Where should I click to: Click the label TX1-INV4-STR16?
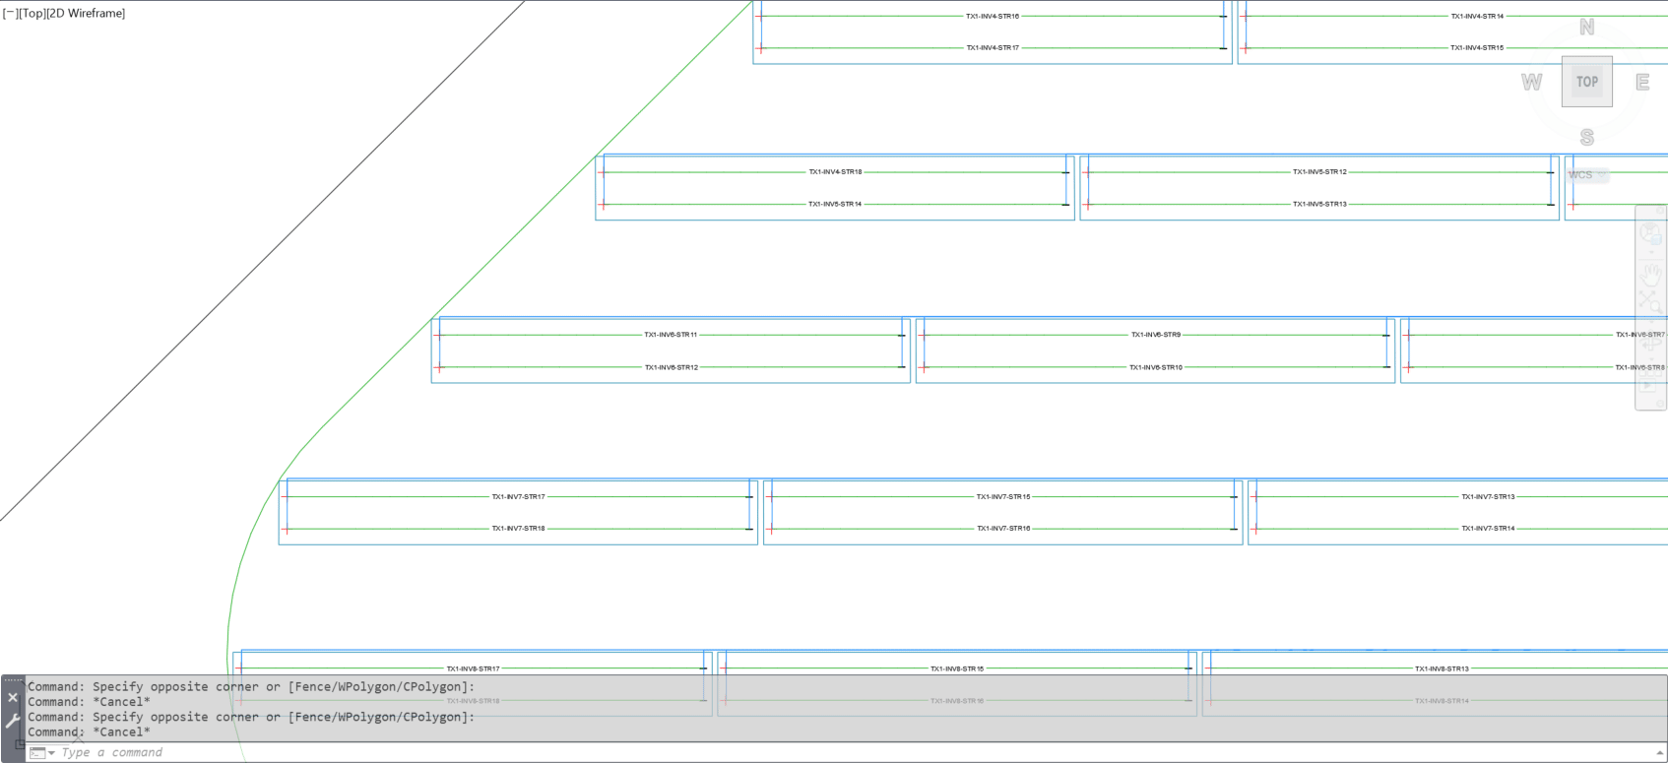click(x=992, y=17)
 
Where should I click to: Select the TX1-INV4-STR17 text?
click(x=992, y=48)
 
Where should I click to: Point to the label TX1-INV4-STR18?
click(x=835, y=172)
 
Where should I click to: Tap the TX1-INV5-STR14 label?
click(x=835, y=205)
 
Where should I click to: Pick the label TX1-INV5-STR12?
click(x=1319, y=172)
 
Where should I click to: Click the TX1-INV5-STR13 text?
click(x=1319, y=205)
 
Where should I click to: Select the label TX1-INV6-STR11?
click(x=671, y=335)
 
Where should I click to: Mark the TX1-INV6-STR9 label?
click(x=1155, y=335)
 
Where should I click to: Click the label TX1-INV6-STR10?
click(x=1155, y=367)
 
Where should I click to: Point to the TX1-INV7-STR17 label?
click(x=518, y=497)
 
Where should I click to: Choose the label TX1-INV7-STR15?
click(x=1002, y=497)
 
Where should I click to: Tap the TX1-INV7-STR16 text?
click(x=1002, y=529)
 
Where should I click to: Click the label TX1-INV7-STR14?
click(x=1488, y=529)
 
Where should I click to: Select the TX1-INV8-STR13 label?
click(x=1442, y=669)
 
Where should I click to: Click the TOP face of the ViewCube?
click(x=1586, y=82)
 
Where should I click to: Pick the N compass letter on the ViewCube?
click(x=1586, y=28)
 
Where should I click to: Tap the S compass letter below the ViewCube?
click(x=1586, y=137)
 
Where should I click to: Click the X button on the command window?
click(x=13, y=697)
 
